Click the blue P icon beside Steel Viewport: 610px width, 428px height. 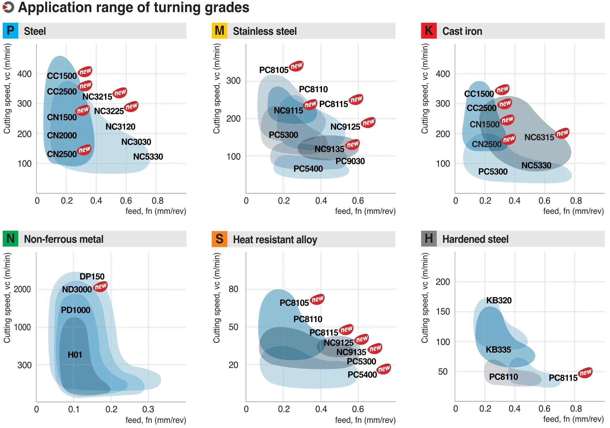(x=10, y=31)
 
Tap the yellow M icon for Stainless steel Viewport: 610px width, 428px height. (x=219, y=31)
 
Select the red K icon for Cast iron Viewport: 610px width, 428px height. (x=429, y=31)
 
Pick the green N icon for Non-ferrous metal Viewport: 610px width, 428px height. (x=10, y=239)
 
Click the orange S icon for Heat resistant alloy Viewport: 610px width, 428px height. (x=219, y=239)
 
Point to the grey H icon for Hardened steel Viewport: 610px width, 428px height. (x=429, y=239)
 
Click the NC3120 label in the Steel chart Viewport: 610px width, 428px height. (x=120, y=127)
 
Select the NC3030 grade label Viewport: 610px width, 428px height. (x=136, y=142)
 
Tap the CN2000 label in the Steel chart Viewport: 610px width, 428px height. (x=62, y=135)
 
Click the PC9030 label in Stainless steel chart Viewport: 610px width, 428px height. (x=350, y=161)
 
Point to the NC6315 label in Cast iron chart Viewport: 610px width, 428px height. (x=539, y=137)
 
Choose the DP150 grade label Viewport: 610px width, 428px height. (x=92, y=277)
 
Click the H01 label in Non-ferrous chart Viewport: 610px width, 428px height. (x=75, y=355)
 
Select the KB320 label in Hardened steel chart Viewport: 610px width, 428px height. (x=499, y=300)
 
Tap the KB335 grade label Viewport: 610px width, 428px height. (x=498, y=350)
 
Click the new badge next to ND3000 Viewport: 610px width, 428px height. (x=101, y=286)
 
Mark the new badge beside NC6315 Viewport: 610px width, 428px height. (x=562, y=133)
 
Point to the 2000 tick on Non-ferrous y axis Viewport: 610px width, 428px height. (x=22, y=289)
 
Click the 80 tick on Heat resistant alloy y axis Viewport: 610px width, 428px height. (x=233, y=289)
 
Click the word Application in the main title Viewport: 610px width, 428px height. (x=55, y=7)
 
